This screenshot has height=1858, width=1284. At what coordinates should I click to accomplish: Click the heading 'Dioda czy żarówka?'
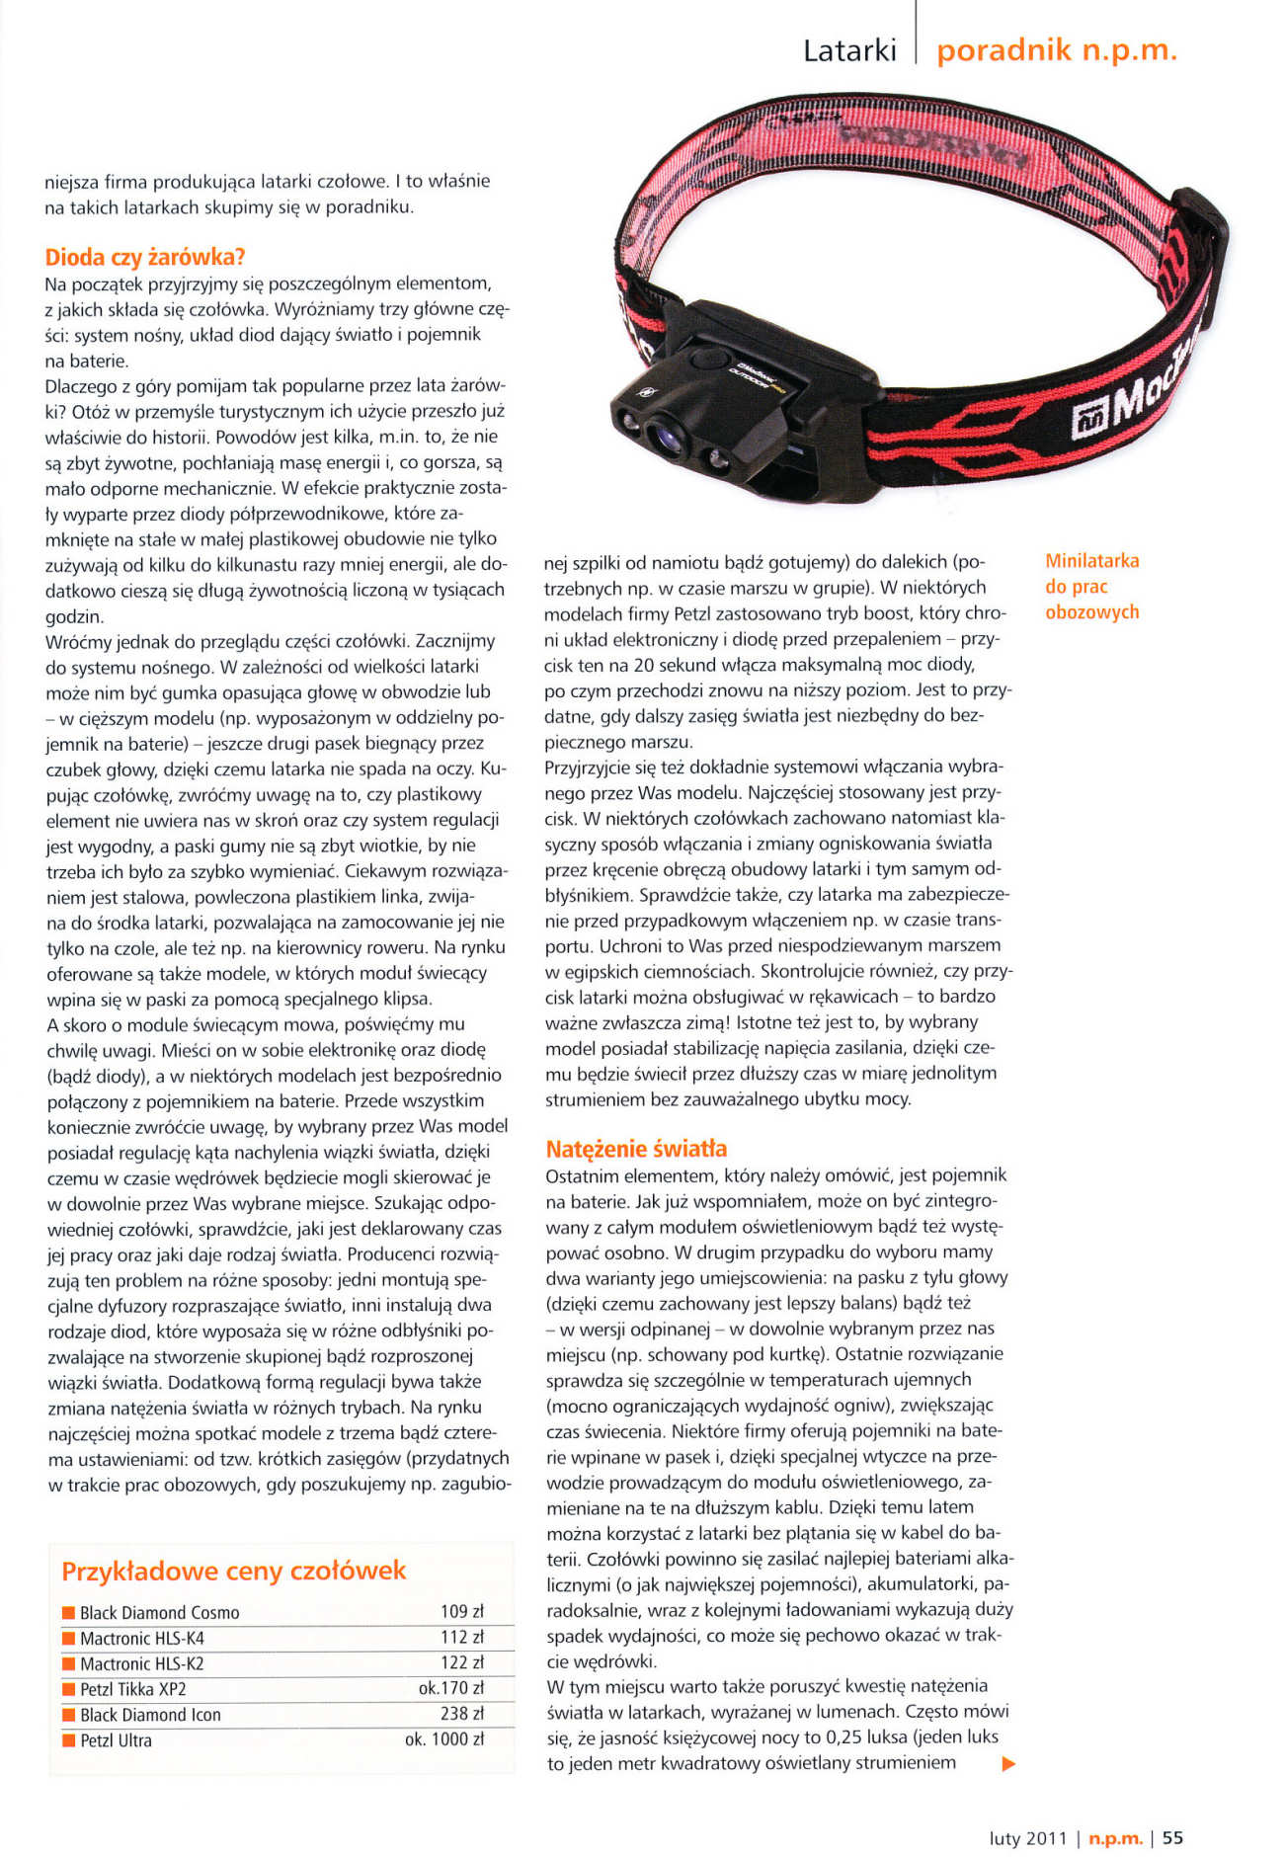144,258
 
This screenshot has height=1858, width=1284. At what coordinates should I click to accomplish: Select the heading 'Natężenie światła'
636,1149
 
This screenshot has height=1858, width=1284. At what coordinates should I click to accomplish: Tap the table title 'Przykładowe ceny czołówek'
233,1571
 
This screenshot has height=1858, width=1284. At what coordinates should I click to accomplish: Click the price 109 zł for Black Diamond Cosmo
461,1611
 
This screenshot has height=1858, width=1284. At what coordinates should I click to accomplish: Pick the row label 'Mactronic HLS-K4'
142,1638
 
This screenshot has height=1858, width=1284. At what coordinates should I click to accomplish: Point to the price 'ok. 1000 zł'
444,1739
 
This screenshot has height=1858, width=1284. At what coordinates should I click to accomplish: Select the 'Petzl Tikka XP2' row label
132,1689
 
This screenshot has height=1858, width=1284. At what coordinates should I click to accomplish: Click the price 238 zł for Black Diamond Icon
461,1714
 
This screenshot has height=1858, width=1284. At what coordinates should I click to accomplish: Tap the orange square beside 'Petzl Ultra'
68,1740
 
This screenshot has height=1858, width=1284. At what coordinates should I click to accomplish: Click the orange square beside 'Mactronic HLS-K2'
68,1664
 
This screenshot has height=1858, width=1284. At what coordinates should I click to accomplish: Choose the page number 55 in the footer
1172,1838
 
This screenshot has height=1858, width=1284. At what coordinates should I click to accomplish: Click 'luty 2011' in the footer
1028,1838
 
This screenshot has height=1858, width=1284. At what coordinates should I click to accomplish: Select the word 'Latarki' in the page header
849,50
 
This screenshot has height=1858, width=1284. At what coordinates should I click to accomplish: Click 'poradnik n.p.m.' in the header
1057,50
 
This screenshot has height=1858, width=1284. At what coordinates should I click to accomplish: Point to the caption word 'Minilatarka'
1091,561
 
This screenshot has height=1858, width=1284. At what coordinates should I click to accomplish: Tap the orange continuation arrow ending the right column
1008,1763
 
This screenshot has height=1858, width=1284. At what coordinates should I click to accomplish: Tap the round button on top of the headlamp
707,359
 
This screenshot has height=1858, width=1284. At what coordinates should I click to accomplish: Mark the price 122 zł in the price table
461,1662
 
